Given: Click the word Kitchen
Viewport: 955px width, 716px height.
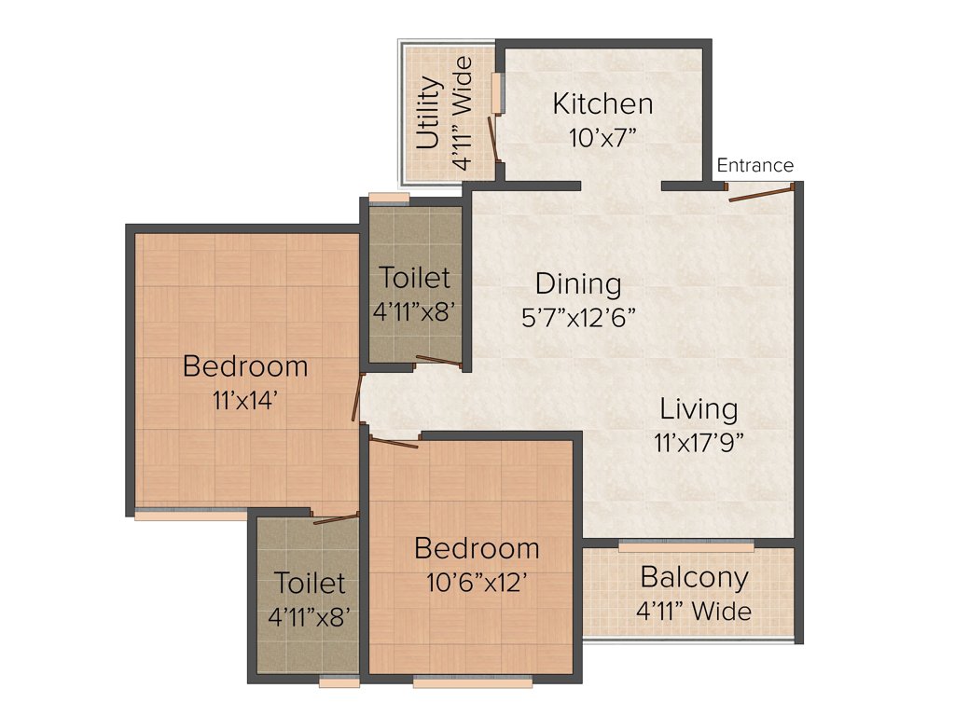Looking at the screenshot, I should [602, 103].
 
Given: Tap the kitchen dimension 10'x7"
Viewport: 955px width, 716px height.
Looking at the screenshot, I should [602, 138].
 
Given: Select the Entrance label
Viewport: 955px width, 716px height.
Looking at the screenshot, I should [754, 166].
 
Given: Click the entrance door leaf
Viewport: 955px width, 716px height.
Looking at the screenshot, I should [760, 195].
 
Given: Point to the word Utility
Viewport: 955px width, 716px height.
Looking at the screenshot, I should [428, 113].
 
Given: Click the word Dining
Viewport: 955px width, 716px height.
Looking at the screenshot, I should [577, 282].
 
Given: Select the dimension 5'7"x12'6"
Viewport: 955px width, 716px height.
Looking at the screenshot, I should [578, 316].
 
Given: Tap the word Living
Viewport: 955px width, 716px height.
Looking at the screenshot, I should [699, 408].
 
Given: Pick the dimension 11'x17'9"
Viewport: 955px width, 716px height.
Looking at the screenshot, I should [699, 441].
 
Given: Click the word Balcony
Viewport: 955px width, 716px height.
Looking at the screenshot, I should [694, 577].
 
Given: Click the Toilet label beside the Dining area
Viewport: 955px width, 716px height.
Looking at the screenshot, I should [414, 278].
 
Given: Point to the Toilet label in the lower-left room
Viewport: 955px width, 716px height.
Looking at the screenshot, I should [310, 584].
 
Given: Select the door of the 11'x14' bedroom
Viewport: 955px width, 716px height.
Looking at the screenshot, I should [355, 399].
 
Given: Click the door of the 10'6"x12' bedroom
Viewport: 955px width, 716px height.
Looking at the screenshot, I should [394, 443].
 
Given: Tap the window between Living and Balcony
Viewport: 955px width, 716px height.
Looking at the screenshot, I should [685, 545].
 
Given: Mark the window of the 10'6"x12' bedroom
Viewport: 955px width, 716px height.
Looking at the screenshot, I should [473, 682].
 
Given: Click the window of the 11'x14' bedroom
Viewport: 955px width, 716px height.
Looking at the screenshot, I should [190, 514].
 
